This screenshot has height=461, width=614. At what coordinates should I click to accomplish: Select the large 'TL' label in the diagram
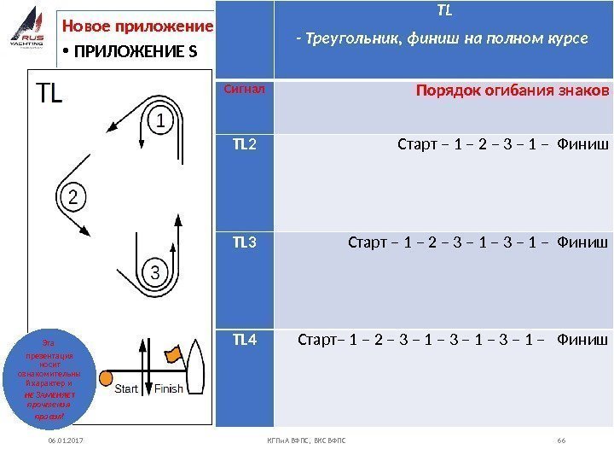point(48,93)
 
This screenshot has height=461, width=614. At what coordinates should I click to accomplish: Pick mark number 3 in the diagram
point(154,273)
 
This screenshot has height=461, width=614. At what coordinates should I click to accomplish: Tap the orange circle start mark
point(107,377)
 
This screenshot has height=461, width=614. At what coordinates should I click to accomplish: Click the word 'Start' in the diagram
point(126,389)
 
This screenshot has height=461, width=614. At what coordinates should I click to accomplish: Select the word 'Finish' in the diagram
point(168,389)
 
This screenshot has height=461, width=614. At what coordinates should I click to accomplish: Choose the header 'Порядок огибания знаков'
point(512,90)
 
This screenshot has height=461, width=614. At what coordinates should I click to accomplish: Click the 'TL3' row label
point(244,242)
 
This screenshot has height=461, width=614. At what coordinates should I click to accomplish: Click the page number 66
point(561,440)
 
